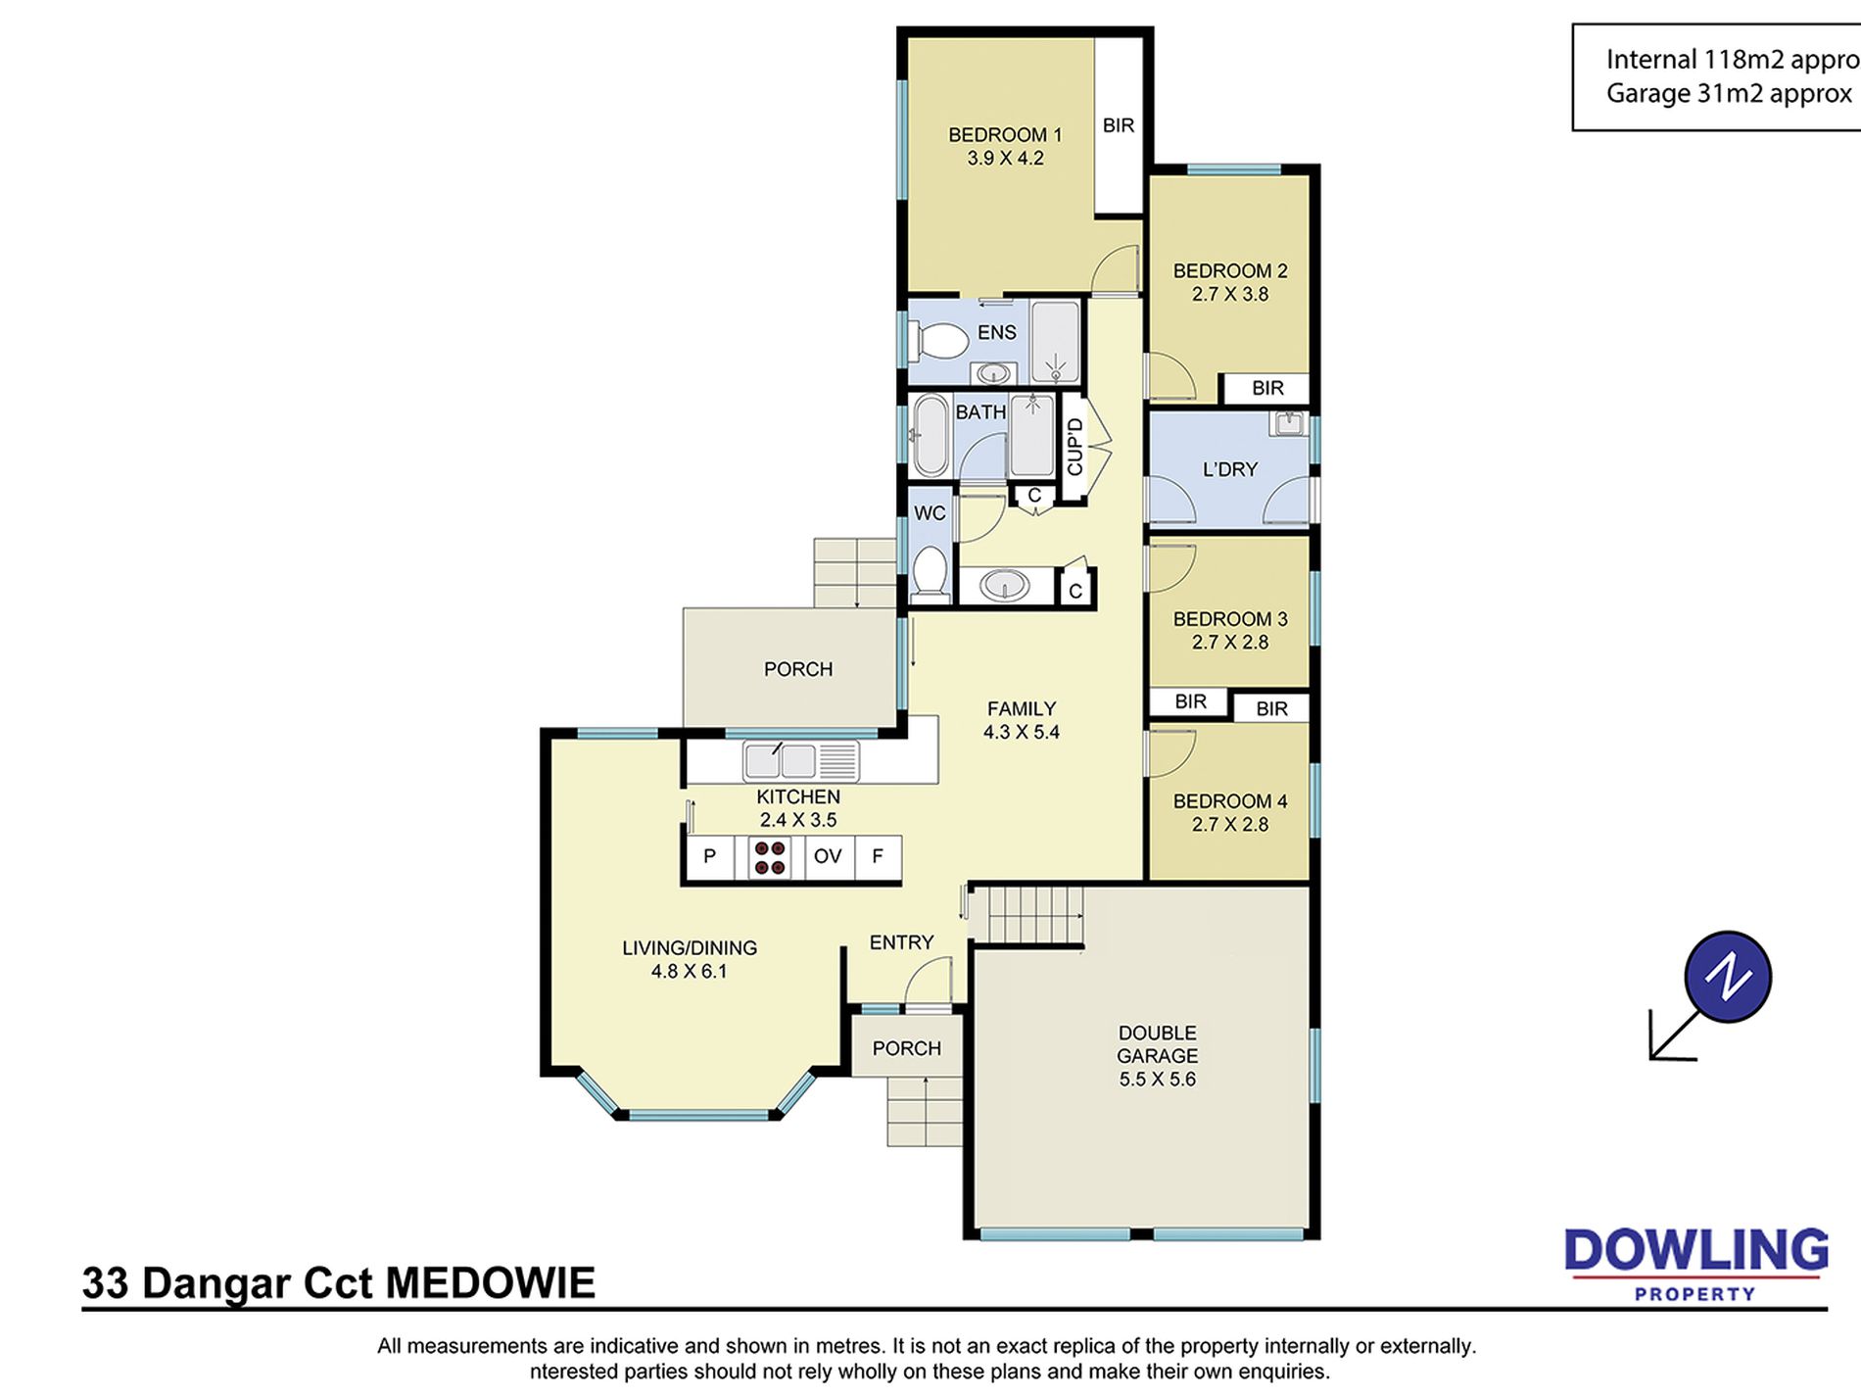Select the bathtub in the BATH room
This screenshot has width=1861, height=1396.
930,436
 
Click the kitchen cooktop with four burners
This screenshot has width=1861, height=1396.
769,858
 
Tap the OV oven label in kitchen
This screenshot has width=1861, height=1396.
828,856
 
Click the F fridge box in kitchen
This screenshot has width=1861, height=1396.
878,857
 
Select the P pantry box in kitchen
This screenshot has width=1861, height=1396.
710,857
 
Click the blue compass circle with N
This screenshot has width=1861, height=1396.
1728,977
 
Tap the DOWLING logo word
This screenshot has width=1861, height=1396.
1696,1251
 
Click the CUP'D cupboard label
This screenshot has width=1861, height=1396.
1074,447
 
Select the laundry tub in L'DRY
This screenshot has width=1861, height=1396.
1289,423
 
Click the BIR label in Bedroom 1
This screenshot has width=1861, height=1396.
1119,125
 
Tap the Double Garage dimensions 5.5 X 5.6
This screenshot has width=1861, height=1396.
1158,1080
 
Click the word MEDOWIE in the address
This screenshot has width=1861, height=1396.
491,1283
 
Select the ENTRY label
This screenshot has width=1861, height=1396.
901,942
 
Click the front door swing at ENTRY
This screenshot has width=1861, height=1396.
928,981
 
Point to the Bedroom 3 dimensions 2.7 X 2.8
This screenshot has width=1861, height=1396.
1230,643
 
